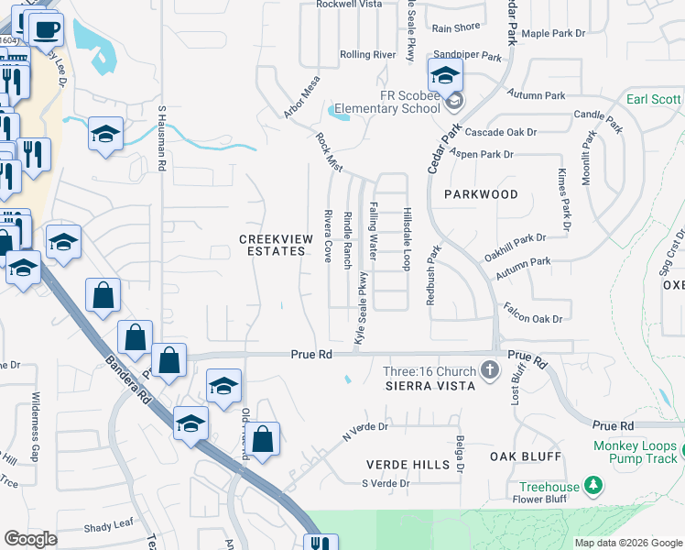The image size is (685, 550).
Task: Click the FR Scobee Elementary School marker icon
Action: coord(445,74)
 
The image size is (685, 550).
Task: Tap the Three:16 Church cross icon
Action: coord(490,371)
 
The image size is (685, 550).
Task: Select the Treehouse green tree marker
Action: coord(594,482)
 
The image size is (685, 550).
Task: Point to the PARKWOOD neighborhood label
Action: coord(481,194)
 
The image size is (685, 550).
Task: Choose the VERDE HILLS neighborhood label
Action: coord(408,465)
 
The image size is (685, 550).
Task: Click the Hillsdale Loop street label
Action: coord(405,237)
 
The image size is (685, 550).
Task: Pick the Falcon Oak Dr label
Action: coord(531,318)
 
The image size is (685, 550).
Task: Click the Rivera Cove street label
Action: coord(327,235)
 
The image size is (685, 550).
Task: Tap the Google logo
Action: coord(30,539)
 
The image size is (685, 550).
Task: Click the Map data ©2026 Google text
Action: coord(627,543)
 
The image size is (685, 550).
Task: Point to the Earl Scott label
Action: coord(654,100)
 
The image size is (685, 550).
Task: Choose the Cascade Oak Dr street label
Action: coord(499,132)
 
